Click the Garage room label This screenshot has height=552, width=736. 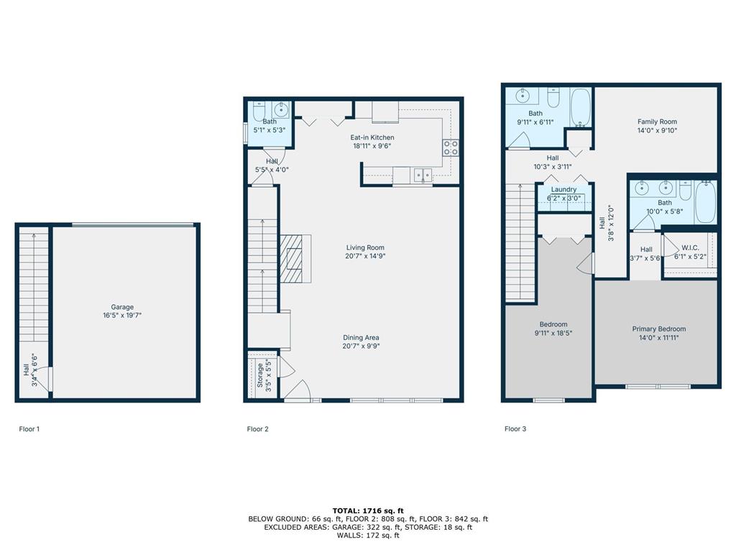(x=122, y=307)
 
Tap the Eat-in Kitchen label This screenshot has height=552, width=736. (x=372, y=137)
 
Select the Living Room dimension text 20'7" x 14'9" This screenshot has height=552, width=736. (x=365, y=257)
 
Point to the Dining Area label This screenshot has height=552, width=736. (x=361, y=338)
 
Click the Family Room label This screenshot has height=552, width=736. (x=657, y=121)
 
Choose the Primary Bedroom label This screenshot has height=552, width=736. (x=659, y=329)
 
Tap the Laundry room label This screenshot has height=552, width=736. (x=563, y=189)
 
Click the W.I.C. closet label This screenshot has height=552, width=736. (x=690, y=248)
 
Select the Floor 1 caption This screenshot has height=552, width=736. (x=29, y=428)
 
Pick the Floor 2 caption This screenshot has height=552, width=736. (x=258, y=428)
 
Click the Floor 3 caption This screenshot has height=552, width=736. (x=515, y=428)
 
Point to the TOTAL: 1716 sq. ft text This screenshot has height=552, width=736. (x=368, y=511)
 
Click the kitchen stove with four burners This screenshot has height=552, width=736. (x=451, y=148)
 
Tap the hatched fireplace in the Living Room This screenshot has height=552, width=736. (x=292, y=259)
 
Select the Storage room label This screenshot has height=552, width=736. (x=260, y=375)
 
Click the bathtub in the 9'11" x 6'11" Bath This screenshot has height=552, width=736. (x=581, y=108)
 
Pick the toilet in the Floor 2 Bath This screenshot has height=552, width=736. (x=259, y=111)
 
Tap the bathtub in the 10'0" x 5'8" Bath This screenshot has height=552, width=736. (x=706, y=202)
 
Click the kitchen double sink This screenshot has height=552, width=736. (x=423, y=175)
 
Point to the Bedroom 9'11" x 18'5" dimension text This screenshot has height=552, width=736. (x=553, y=333)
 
